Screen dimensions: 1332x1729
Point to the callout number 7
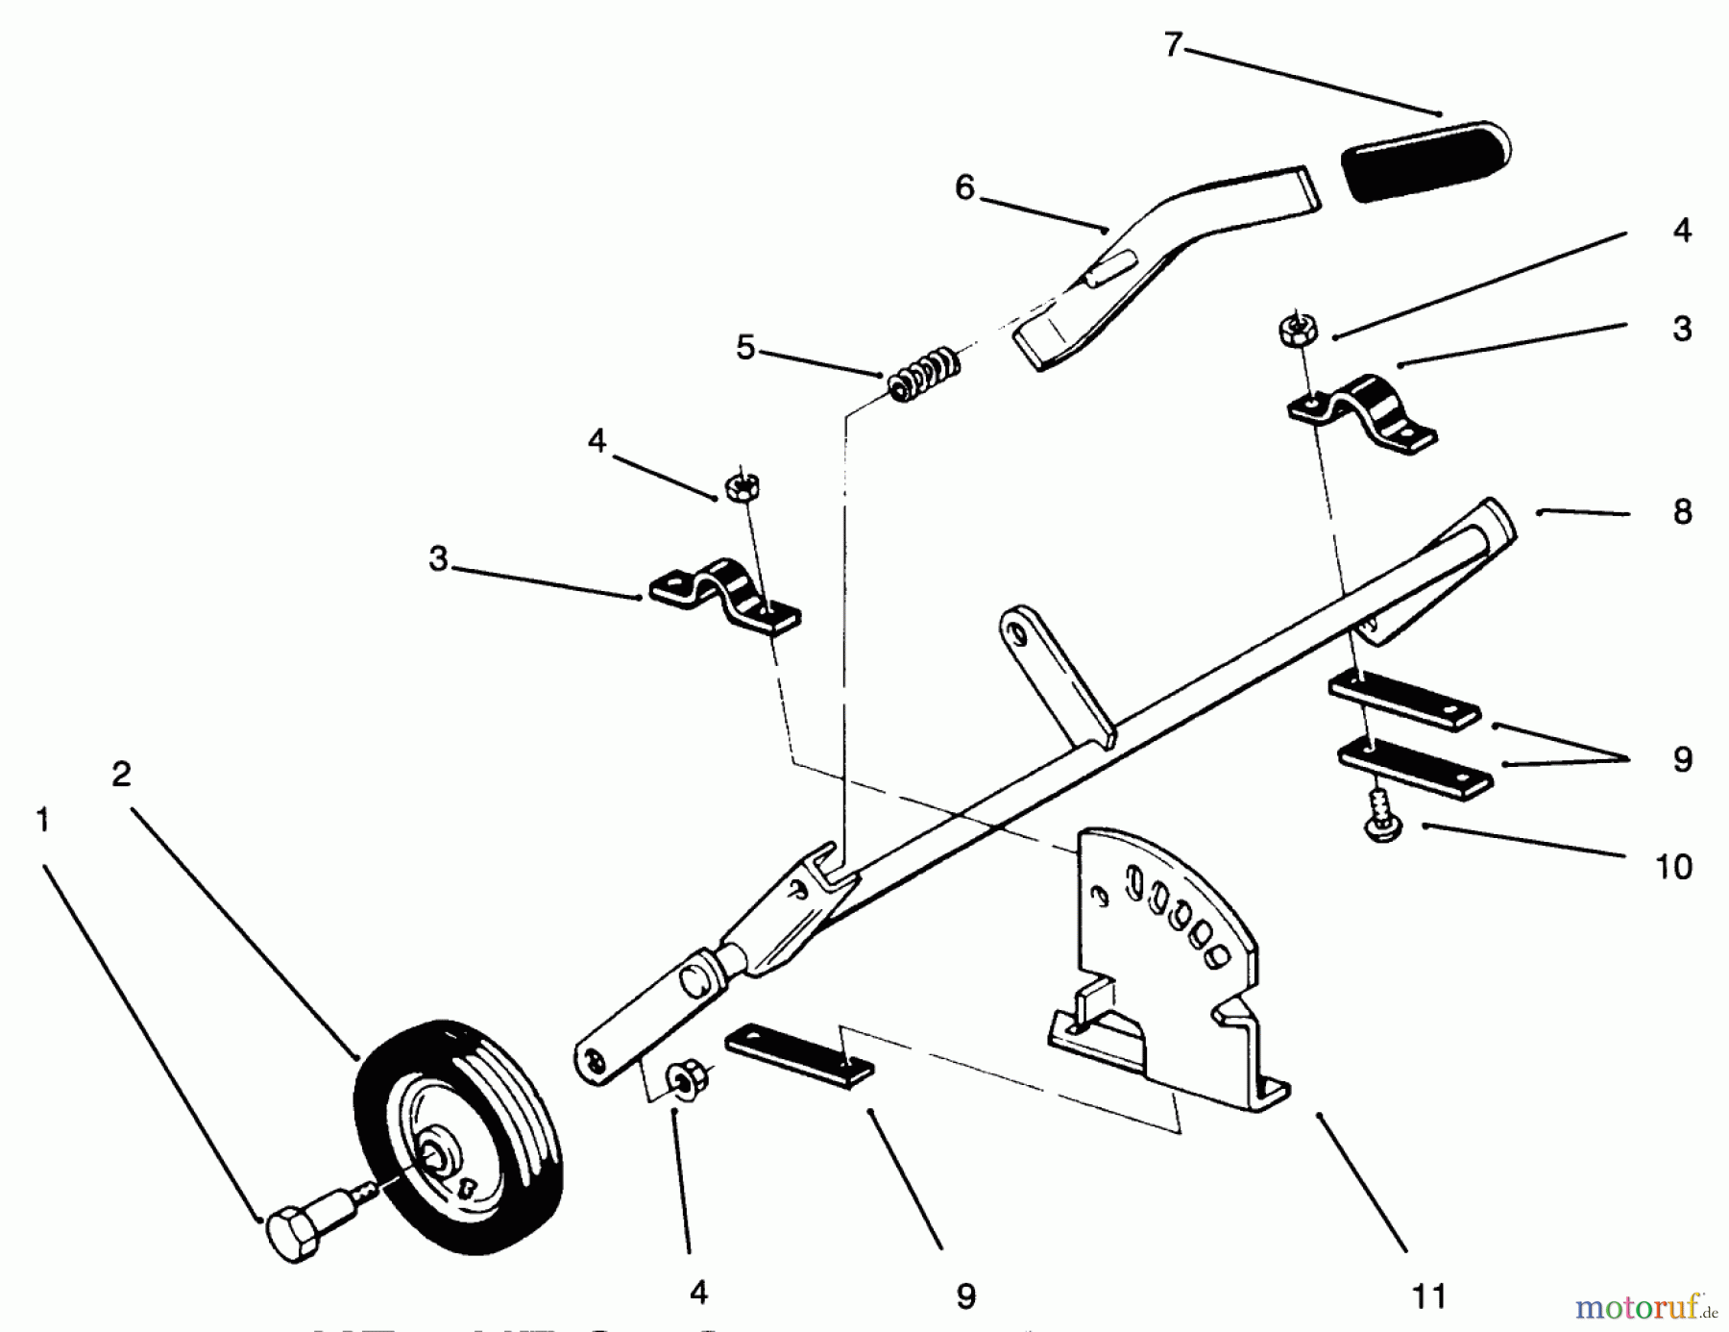[1173, 45]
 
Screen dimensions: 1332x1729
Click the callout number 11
[1428, 1295]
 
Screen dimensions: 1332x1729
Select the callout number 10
[1673, 867]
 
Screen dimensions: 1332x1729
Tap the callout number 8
[1682, 512]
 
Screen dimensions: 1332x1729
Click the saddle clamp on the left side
[726, 598]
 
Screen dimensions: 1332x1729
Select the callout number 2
[121, 774]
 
